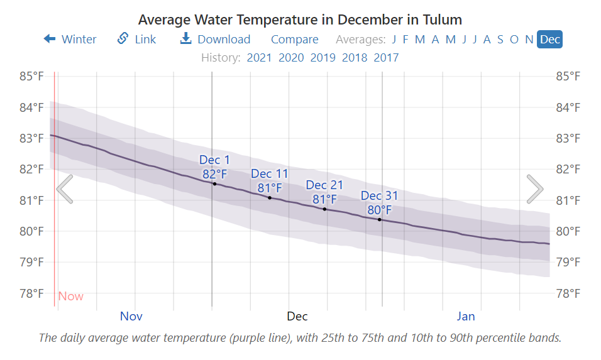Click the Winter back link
coord(70,40)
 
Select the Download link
coord(215,40)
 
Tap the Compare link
coord(294,40)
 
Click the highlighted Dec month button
coord(550,40)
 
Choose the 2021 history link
coord(259,58)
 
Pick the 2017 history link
coord(386,58)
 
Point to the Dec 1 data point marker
coord(214,183)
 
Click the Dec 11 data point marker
coord(270,198)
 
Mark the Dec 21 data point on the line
coord(324,209)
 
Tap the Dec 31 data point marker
coord(380,219)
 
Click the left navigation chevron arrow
coord(65,189)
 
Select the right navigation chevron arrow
coord(535,189)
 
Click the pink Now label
coord(70,296)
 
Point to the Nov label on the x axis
coord(131,316)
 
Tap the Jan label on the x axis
coord(466,316)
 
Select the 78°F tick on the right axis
coord(570,293)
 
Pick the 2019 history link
coord(323,58)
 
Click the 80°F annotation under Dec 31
coord(380,210)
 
